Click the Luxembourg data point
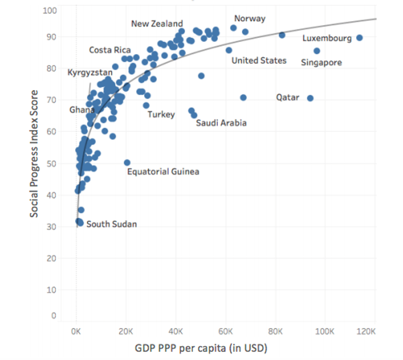tap(359, 37)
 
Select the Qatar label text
tap(288, 98)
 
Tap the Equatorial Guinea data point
tap(127, 163)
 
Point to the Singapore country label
tap(321, 63)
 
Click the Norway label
tap(250, 19)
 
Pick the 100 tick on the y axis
tap(50, 9)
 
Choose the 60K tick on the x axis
tap(226, 331)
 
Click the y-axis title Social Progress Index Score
tap(35, 154)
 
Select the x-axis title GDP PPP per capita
tap(201, 348)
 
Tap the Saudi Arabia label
tap(221, 123)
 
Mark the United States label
tap(259, 60)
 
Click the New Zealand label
tap(157, 24)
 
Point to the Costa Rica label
tap(110, 50)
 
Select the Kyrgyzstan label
tap(90, 73)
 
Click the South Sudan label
tap(111, 224)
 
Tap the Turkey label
tap(161, 114)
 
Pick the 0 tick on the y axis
tap(53, 316)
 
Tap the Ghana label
tap(82, 110)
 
